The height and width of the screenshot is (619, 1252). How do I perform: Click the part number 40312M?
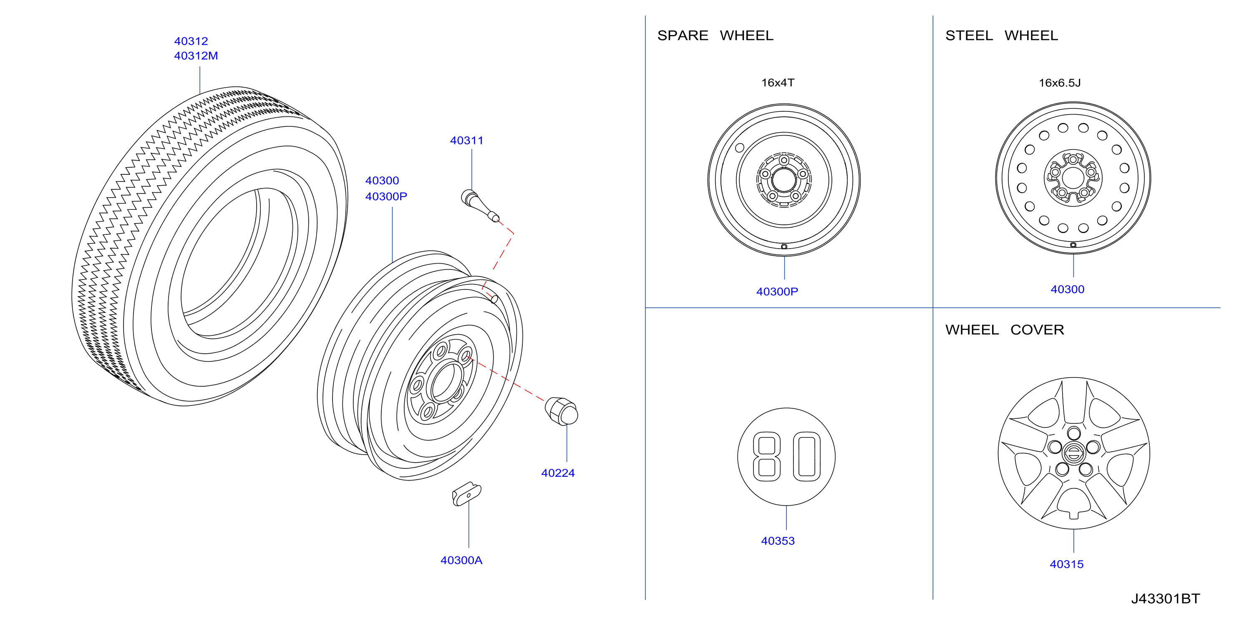click(x=196, y=56)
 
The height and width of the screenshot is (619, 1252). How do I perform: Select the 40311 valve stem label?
click(x=466, y=141)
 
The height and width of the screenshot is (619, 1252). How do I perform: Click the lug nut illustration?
click(x=562, y=411)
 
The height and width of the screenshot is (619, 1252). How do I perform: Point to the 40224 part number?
click(x=558, y=473)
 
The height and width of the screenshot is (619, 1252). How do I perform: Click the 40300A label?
click(x=461, y=560)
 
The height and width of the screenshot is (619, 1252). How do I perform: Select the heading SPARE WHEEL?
click(x=715, y=35)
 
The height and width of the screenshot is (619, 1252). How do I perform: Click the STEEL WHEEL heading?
click(x=1001, y=35)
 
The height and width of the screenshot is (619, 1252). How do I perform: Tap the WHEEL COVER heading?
click(x=1005, y=330)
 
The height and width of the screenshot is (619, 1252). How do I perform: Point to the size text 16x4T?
click(x=778, y=83)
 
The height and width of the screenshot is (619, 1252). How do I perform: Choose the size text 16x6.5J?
click(x=1060, y=83)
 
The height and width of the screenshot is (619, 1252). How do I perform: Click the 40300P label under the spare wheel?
click(x=777, y=292)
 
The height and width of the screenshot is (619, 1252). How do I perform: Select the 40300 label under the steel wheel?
click(x=1067, y=289)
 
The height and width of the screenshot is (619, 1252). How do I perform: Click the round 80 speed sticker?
click(x=786, y=457)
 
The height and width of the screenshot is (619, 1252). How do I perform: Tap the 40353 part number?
click(x=778, y=541)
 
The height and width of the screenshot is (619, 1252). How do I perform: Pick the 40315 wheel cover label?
click(x=1066, y=564)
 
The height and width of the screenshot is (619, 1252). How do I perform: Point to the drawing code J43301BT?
click(x=1166, y=599)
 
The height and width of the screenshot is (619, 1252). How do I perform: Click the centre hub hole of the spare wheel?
click(x=783, y=180)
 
